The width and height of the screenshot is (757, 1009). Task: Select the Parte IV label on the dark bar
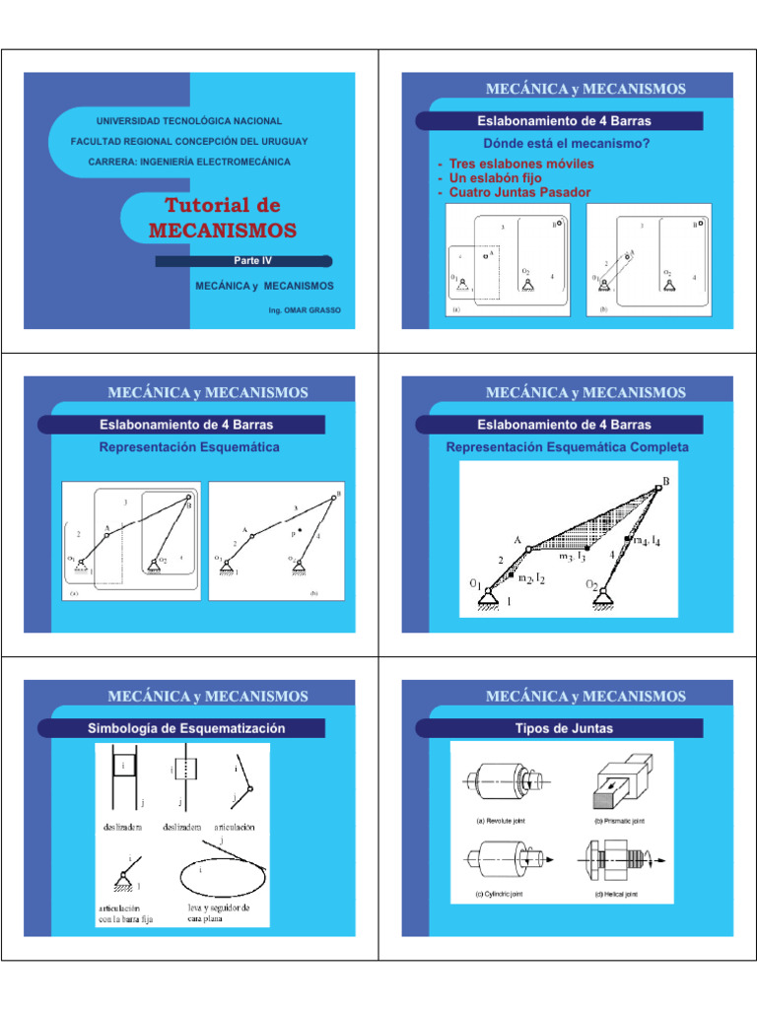(251, 261)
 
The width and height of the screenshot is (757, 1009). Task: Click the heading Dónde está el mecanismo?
(558, 143)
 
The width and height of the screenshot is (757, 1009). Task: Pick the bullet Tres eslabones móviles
(514, 164)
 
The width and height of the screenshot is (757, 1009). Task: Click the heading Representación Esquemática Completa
(567, 447)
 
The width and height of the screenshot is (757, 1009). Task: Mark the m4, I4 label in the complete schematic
(646, 541)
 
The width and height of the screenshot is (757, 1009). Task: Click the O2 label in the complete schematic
(594, 585)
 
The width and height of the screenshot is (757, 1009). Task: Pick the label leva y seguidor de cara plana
(219, 911)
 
